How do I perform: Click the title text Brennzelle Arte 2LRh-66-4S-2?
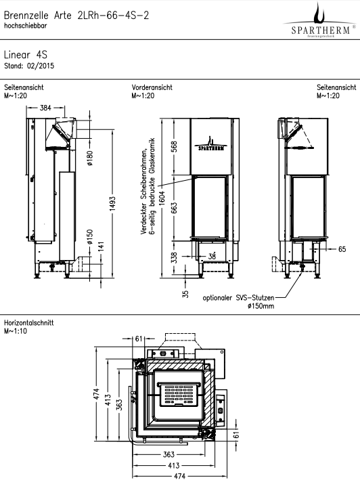[76, 16]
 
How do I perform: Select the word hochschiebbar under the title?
[26, 26]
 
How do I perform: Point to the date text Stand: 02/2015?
[29, 66]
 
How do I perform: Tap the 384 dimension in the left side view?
[45, 108]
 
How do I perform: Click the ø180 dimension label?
[90, 158]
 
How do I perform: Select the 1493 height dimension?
[112, 205]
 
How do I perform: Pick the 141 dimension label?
[101, 246]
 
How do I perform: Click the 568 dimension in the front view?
[175, 146]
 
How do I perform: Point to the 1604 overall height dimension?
[162, 198]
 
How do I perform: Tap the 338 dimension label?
[175, 257]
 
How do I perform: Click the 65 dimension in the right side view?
[342, 249]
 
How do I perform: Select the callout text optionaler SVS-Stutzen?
[238, 298]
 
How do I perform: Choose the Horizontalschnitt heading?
[28, 323]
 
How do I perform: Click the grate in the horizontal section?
[180, 395]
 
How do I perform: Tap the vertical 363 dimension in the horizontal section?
[119, 405]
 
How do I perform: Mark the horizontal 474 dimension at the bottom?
[180, 476]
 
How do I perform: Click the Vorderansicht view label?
[152, 87]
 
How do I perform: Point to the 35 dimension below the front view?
[185, 294]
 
